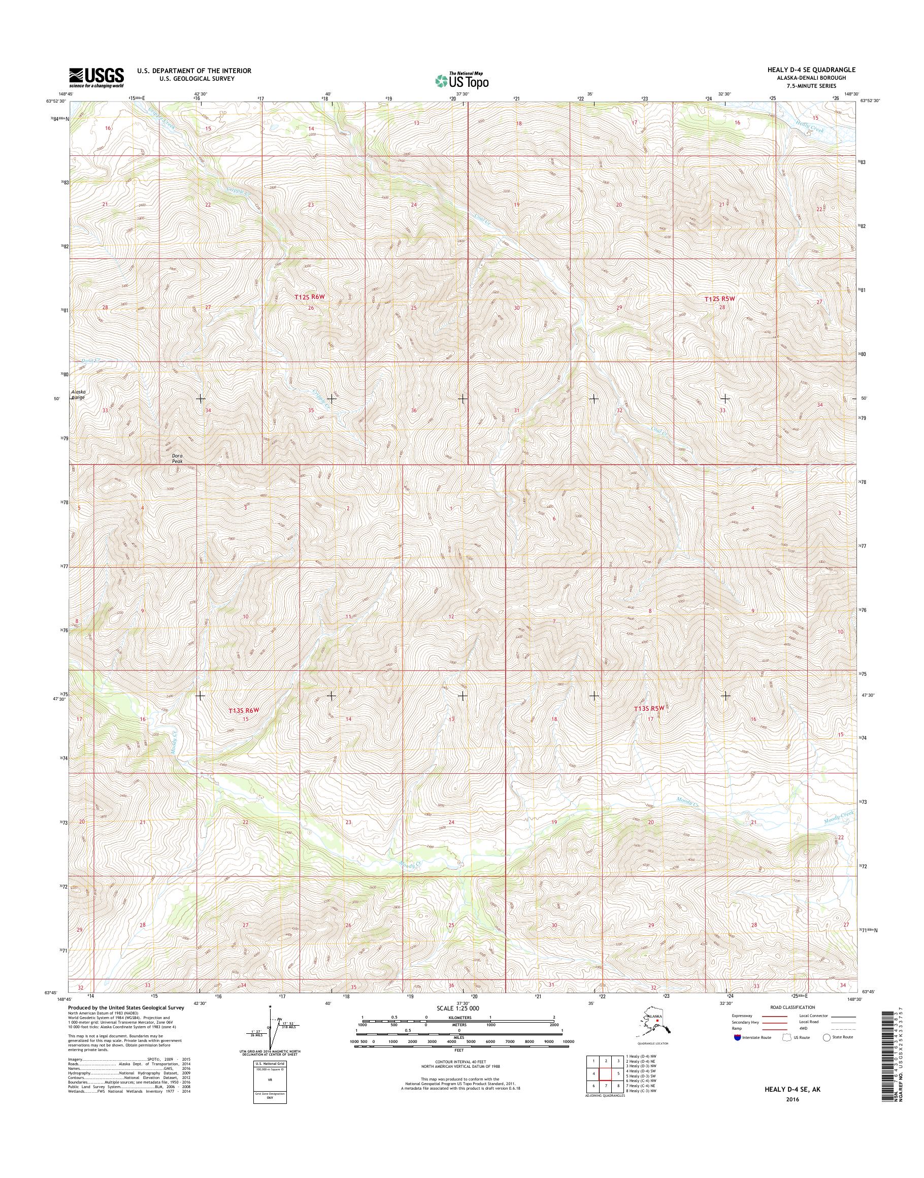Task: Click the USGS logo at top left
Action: [x=96, y=78]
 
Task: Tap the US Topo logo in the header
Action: [x=462, y=81]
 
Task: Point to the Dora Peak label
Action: [x=177, y=459]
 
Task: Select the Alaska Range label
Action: [x=79, y=394]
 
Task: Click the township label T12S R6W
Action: [x=312, y=297]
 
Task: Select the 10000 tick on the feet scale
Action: [x=568, y=1041]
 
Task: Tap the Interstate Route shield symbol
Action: [x=736, y=1038]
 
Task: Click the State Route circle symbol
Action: [x=826, y=1038]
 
